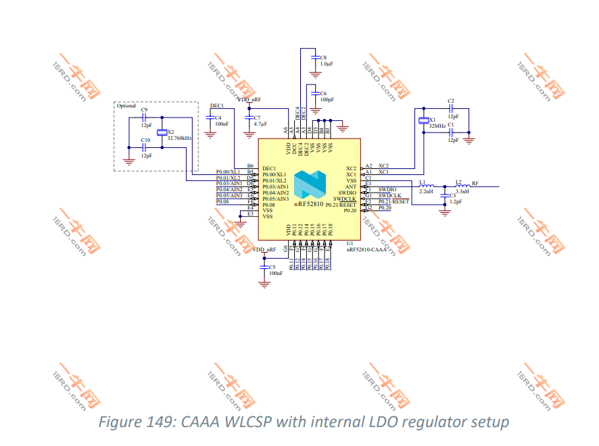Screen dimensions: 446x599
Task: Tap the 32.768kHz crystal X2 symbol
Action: click(x=161, y=132)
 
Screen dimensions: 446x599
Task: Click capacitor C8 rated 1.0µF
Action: click(x=314, y=59)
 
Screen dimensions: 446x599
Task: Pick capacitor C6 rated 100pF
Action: click(x=314, y=95)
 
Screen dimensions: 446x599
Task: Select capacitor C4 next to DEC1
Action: click(x=210, y=120)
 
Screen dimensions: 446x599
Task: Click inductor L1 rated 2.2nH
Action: click(x=426, y=187)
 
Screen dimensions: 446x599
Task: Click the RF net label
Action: click(x=475, y=183)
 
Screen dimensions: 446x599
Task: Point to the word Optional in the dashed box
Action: click(x=126, y=106)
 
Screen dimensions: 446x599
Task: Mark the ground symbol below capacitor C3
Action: click(x=444, y=212)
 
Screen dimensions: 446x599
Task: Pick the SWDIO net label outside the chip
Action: click(x=387, y=189)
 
